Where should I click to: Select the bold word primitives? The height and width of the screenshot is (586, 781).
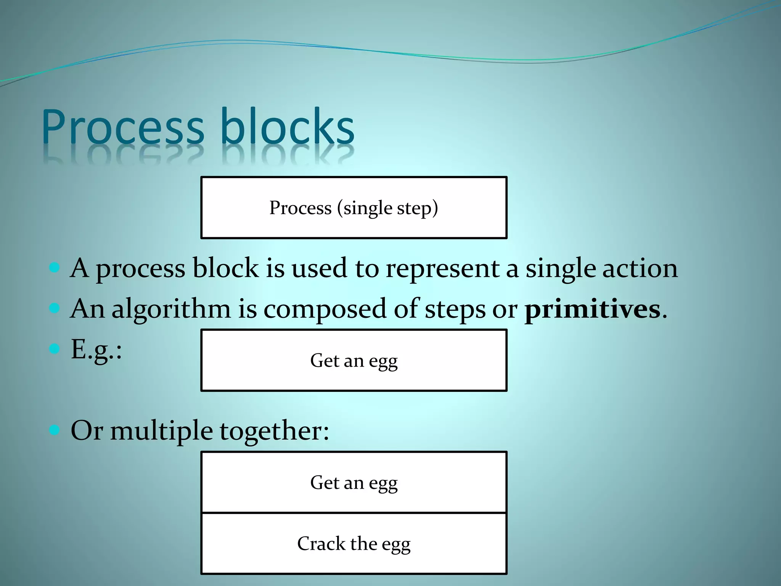click(593, 309)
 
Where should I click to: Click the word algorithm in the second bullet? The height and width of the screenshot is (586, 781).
click(171, 309)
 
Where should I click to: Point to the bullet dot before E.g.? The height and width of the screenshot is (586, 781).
click(55, 348)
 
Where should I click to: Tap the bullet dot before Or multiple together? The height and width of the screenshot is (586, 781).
click(55, 430)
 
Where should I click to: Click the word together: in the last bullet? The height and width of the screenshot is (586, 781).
click(274, 431)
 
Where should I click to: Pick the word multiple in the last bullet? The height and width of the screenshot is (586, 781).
click(161, 431)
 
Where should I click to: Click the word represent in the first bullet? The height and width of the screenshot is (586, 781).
click(442, 269)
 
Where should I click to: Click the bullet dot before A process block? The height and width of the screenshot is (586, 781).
click(55, 267)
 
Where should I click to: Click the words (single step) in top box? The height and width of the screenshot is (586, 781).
click(387, 208)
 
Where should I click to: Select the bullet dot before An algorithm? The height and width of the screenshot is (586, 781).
click(55, 308)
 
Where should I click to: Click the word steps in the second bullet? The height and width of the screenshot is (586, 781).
click(455, 309)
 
